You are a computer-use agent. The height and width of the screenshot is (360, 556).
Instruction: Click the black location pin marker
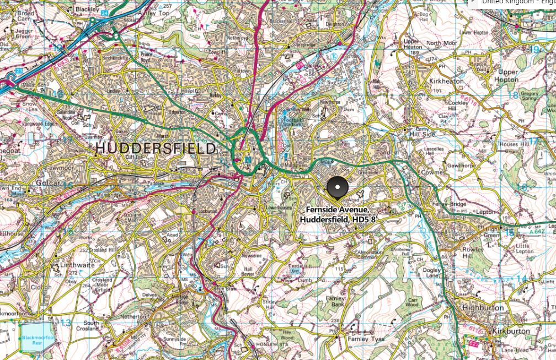pyautogui.click(x=338, y=187)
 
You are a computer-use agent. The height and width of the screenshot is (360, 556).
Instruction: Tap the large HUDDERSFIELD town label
pyautogui.click(x=156, y=148)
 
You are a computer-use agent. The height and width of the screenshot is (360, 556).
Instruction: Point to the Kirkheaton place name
pyautogui.click(x=445, y=81)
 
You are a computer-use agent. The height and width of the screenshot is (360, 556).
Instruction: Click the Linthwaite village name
pyautogui.click(x=74, y=265)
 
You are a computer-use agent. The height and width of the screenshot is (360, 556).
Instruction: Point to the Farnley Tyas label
pyautogui.click(x=362, y=339)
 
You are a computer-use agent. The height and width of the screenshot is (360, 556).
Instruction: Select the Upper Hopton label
pyautogui.click(x=508, y=76)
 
